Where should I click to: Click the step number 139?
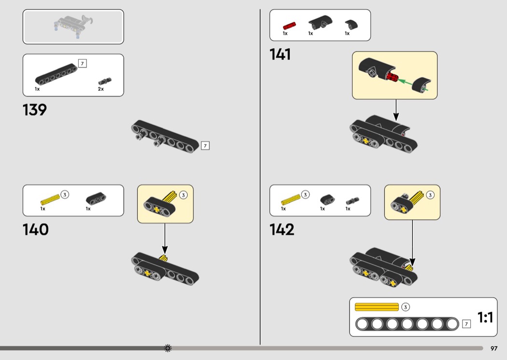tap(35, 110)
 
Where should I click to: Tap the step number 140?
tap(36, 229)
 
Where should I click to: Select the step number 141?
tap(281, 55)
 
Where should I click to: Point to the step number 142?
tap(282, 229)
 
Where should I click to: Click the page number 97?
tap(494, 348)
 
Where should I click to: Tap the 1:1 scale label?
tap(485, 318)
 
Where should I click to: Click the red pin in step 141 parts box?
tap(289, 25)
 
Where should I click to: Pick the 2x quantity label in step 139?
tap(101, 89)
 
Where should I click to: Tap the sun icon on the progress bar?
tap(168, 348)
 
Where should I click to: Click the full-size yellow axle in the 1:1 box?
tap(377, 307)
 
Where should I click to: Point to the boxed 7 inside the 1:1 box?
tap(466, 324)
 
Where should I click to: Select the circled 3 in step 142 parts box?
tap(306, 194)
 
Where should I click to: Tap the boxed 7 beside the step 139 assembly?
tap(205, 145)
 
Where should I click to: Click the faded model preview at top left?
tap(73, 26)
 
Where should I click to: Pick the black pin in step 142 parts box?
tap(352, 199)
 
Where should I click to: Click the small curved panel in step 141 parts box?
tap(351, 24)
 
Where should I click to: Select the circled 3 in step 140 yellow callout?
tap(183, 195)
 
